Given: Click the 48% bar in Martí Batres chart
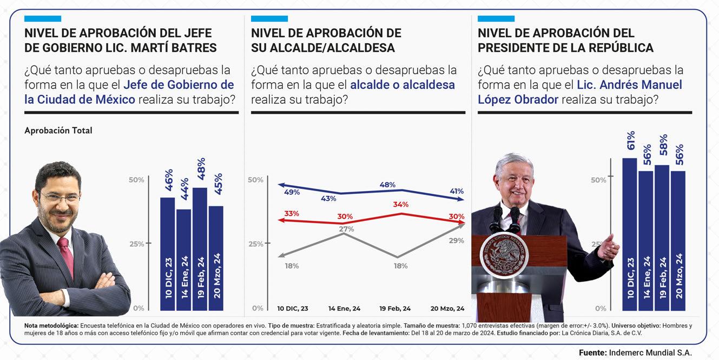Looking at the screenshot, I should [x=200, y=248].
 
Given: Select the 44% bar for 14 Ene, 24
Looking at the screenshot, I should [x=183, y=259].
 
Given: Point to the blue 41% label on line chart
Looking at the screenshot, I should [x=456, y=192].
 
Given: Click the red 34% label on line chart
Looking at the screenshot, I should [x=401, y=205].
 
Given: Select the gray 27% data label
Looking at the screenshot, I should [x=346, y=229].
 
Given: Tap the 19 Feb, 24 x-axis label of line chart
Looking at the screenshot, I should [x=394, y=309].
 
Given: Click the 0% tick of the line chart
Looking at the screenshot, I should [x=258, y=308].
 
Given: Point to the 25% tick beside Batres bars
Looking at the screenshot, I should [x=136, y=244].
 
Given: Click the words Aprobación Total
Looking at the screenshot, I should [x=58, y=130].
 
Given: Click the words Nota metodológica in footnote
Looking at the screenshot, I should [x=51, y=325].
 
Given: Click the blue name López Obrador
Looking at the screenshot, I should [x=518, y=100].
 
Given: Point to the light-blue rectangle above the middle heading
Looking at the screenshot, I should [x=269, y=18].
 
